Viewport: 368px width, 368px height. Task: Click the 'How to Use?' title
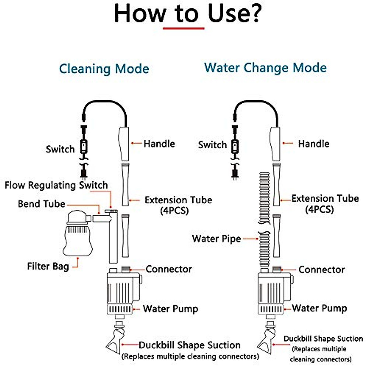point(188,14)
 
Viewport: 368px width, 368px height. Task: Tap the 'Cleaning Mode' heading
point(104,69)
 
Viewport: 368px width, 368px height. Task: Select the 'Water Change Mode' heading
point(265,68)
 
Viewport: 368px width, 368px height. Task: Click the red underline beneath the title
point(183,28)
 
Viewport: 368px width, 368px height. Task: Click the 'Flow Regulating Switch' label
point(56,185)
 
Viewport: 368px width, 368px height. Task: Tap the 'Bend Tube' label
point(41,204)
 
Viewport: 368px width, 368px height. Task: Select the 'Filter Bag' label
point(48,266)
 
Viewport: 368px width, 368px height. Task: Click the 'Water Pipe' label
point(216,239)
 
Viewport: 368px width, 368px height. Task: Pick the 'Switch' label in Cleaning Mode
point(60,149)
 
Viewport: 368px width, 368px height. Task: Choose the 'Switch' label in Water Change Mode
point(212,145)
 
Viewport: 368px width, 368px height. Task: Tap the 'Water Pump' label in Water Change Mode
point(319,308)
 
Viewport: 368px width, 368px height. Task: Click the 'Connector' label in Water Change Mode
point(321,270)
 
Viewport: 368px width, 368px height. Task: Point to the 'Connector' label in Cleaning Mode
point(169,269)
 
